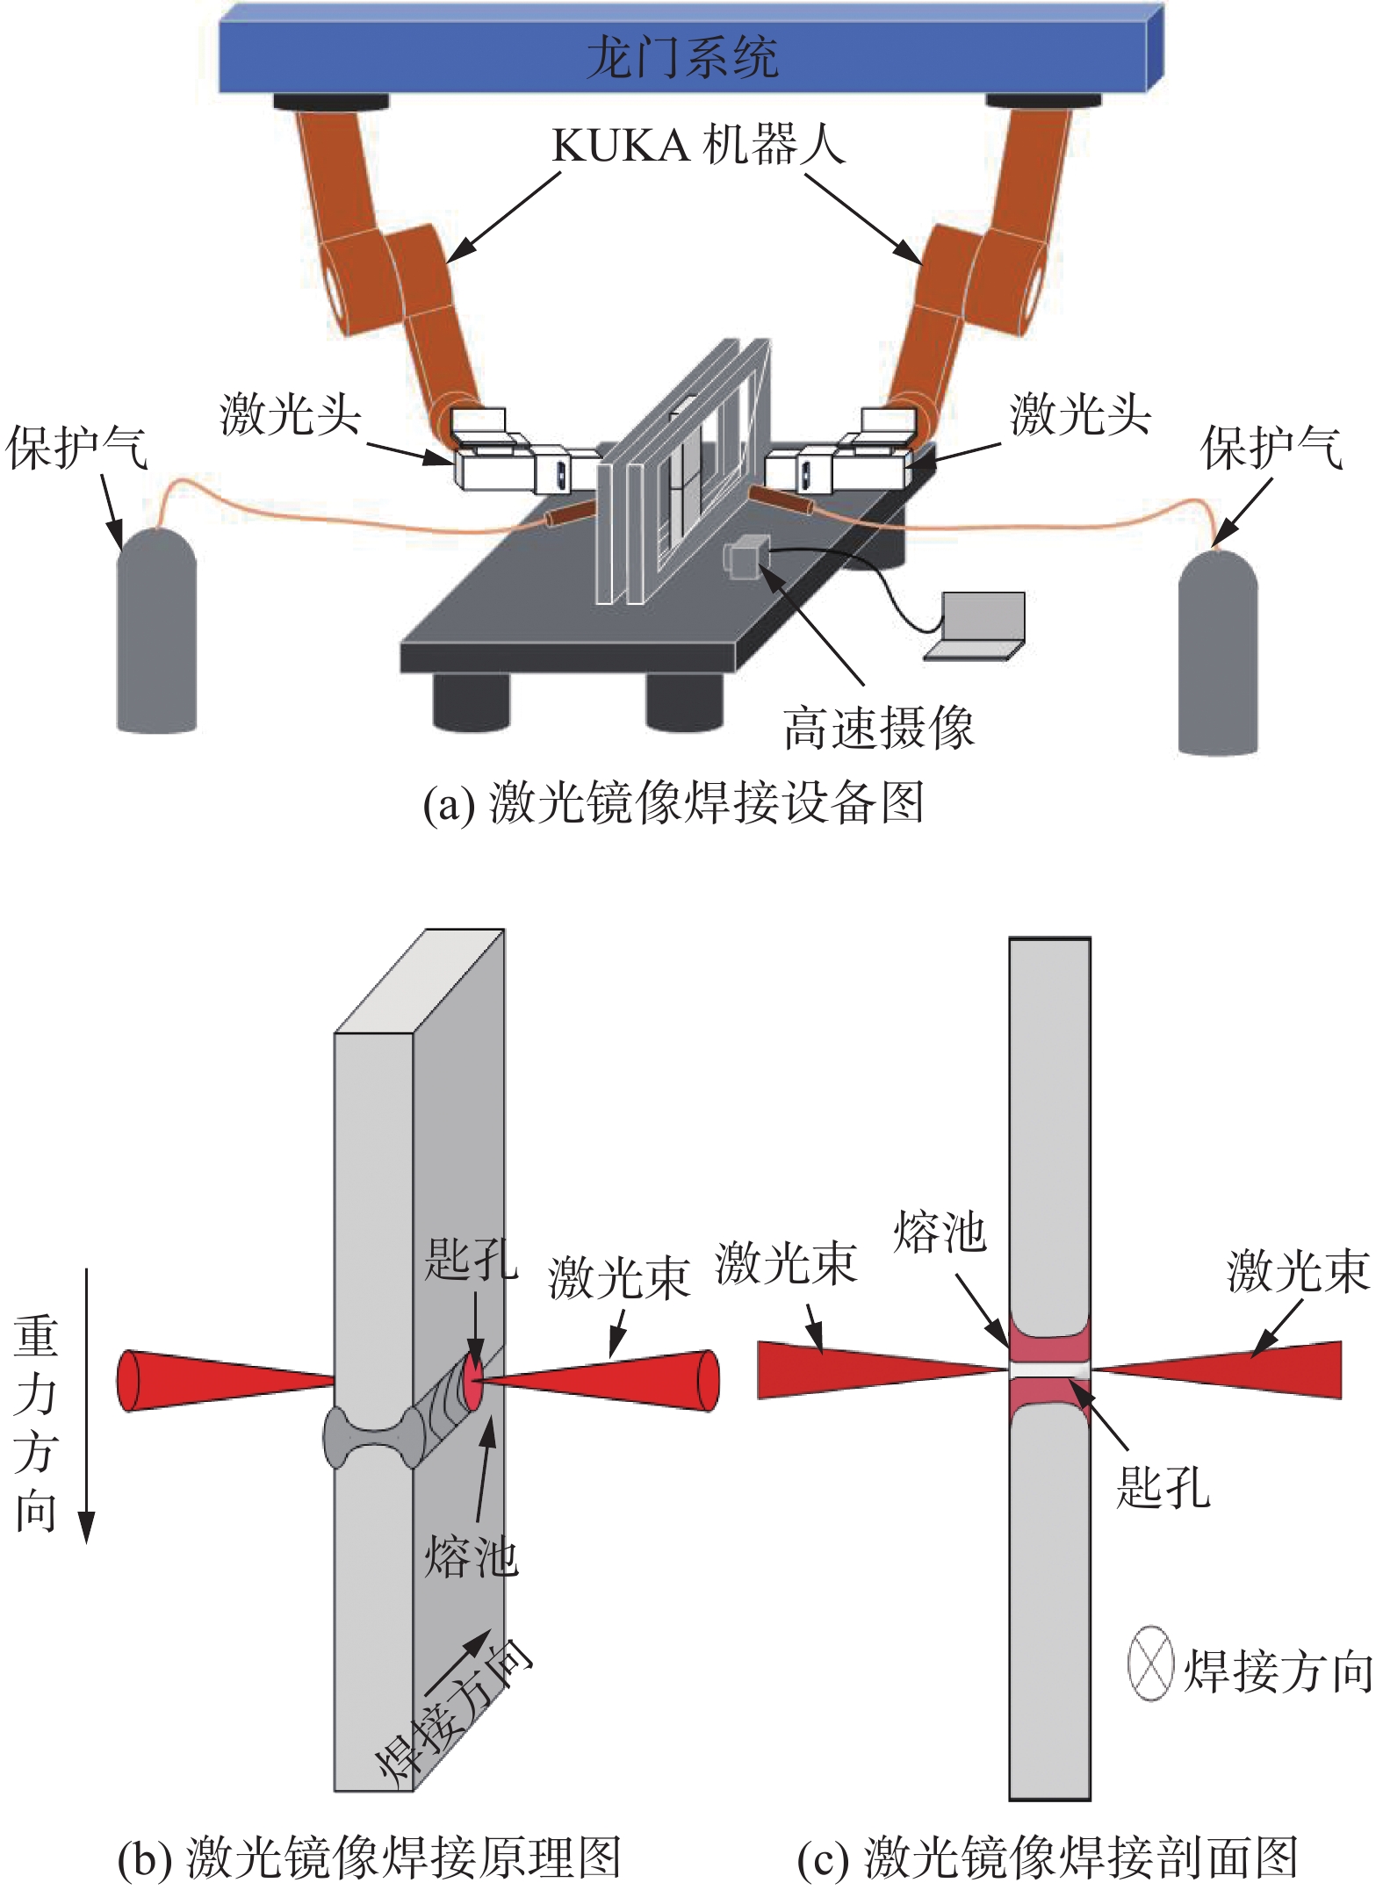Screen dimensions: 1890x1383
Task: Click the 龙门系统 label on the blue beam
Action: [681, 58]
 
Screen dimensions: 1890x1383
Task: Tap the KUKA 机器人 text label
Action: [698, 146]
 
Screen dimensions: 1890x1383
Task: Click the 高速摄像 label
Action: [878, 728]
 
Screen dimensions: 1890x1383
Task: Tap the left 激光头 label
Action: [290, 414]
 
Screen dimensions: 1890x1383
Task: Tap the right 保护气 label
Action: [1271, 448]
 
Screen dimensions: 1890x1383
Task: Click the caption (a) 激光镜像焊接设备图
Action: [673, 803]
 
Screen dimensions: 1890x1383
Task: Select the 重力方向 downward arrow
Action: [86, 1405]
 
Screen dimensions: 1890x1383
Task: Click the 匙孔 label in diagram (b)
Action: [471, 1260]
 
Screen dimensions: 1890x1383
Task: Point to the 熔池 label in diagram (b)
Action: [471, 1557]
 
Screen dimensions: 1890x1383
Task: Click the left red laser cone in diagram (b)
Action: [220, 1381]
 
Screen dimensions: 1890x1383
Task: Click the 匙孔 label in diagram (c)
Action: [1163, 1487]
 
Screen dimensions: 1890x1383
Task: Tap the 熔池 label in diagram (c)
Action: [940, 1232]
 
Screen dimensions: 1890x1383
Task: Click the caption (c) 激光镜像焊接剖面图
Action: [1047, 1858]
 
